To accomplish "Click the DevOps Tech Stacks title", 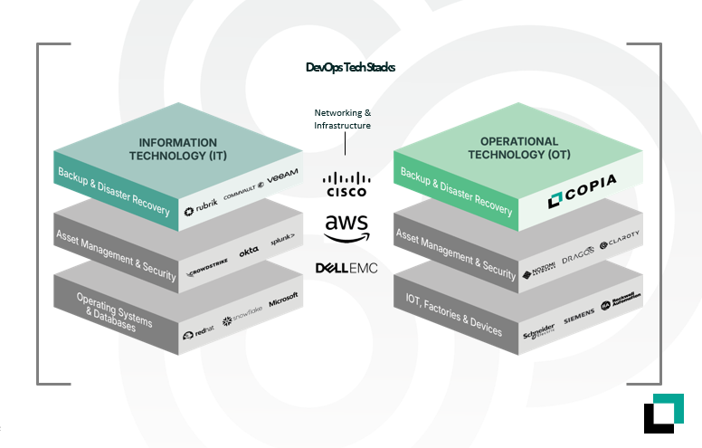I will click(x=350, y=67).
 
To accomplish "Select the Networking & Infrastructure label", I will click(x=343, y=119).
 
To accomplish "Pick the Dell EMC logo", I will click(x=346, y=268).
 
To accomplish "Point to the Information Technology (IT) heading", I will click(x=177, y=149).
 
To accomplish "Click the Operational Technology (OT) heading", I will click(x=519, y=148).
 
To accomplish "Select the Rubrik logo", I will click(x=202, y=211).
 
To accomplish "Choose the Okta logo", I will click(x=248, y=256).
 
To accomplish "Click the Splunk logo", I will click(x=284, y=242).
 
